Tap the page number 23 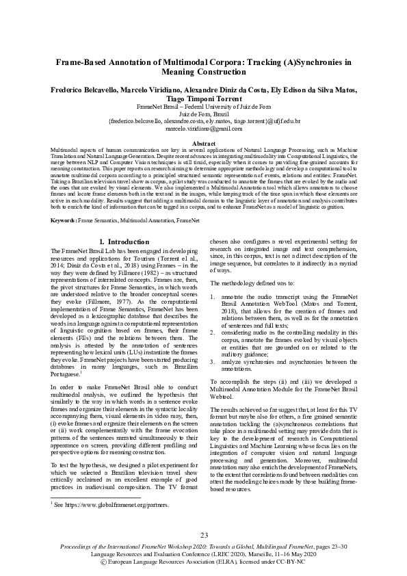203,535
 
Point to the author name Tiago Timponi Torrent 203,99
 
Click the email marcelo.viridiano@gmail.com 203,128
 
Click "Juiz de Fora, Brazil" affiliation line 203,114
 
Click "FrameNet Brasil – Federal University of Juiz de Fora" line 203,107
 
